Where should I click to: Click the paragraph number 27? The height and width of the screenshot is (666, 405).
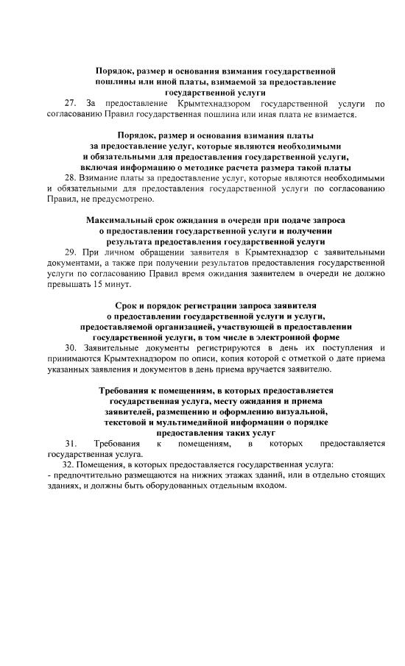point(71,104)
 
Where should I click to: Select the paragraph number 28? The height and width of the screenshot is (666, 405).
point(71,178)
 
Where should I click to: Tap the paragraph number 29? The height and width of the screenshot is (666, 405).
point(71,252)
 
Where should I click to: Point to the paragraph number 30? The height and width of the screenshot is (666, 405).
point(71,347)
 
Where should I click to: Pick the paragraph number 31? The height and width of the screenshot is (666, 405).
point(71,444)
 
